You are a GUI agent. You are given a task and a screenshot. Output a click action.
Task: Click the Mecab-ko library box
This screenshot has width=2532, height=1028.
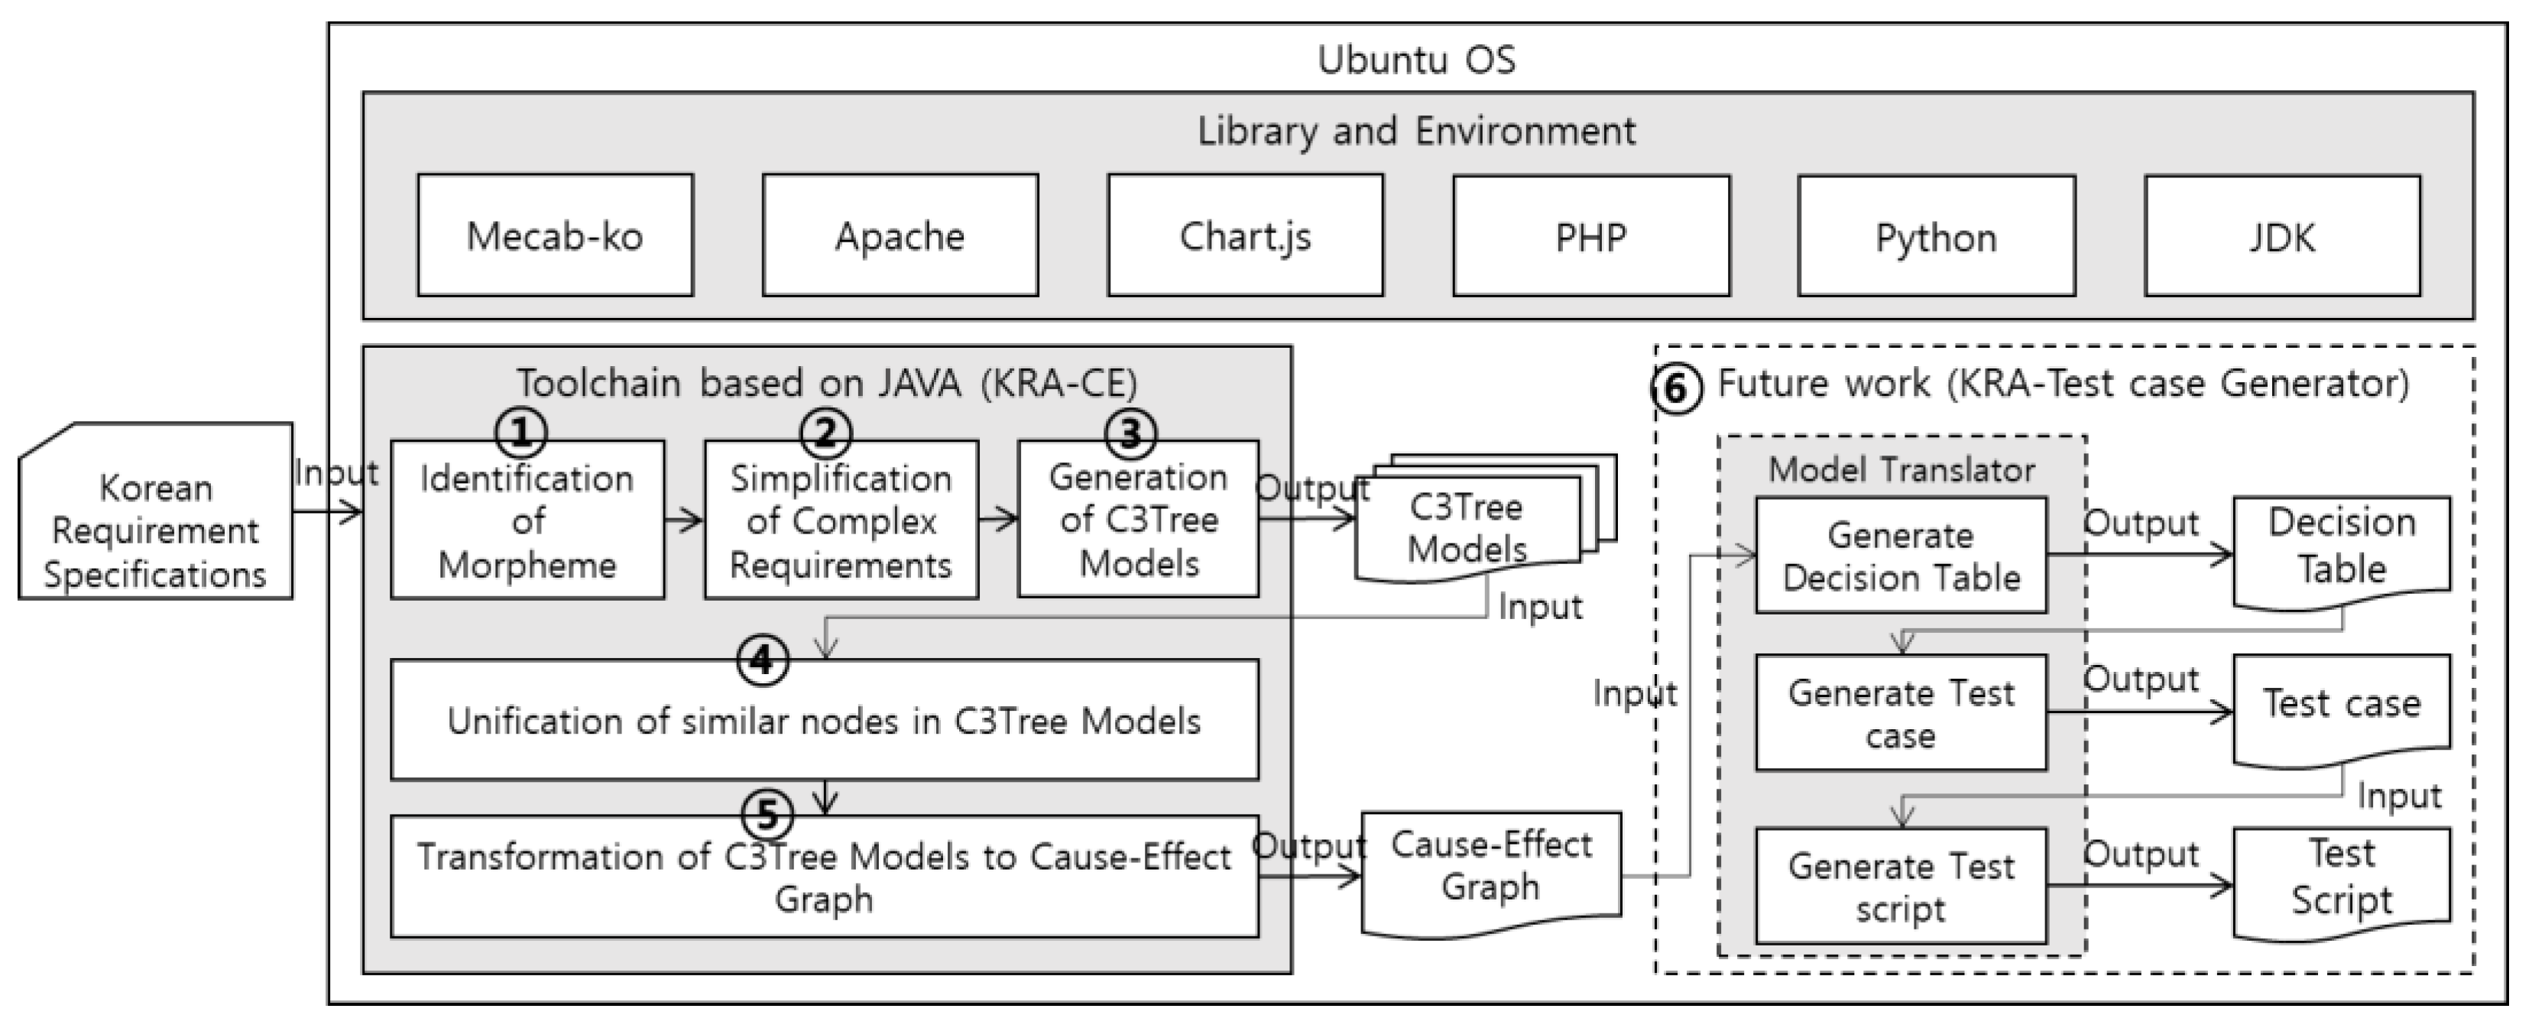pos(556,236)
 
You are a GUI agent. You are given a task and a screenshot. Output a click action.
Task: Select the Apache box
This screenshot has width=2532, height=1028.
pos(900,236)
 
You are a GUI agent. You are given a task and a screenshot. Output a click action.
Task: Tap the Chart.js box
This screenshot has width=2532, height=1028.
pos(1244,236)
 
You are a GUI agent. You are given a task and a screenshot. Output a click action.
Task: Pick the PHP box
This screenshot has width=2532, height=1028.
pos(1590,237)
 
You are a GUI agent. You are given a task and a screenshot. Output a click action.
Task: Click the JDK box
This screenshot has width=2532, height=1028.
pos(2281,237)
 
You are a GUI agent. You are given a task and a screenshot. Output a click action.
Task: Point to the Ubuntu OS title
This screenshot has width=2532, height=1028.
pos(1415,60)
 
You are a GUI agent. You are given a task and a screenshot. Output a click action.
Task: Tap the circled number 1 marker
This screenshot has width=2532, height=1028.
pos(521,433)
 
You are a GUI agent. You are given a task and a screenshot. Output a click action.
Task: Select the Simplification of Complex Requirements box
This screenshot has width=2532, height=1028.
pos(841,521)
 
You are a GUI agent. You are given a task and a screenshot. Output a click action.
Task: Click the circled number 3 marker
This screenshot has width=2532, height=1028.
pos(1131,433)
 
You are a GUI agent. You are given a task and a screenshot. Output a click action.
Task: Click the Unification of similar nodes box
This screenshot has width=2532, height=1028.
pos(824,721)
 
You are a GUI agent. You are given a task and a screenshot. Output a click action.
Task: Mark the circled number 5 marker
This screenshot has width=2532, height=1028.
pos(767,814)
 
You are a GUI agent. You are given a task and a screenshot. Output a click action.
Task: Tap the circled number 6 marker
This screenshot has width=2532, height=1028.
pos(1676,389)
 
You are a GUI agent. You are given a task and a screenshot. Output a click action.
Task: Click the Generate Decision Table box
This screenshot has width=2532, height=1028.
pos(1900,556)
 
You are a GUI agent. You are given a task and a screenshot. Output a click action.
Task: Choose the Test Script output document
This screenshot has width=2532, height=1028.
pos(2340,877)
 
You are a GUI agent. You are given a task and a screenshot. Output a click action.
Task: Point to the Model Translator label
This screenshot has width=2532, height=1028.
pos(1901,470)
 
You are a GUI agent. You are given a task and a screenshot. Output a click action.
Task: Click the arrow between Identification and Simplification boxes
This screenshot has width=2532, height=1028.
pos(684,520)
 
